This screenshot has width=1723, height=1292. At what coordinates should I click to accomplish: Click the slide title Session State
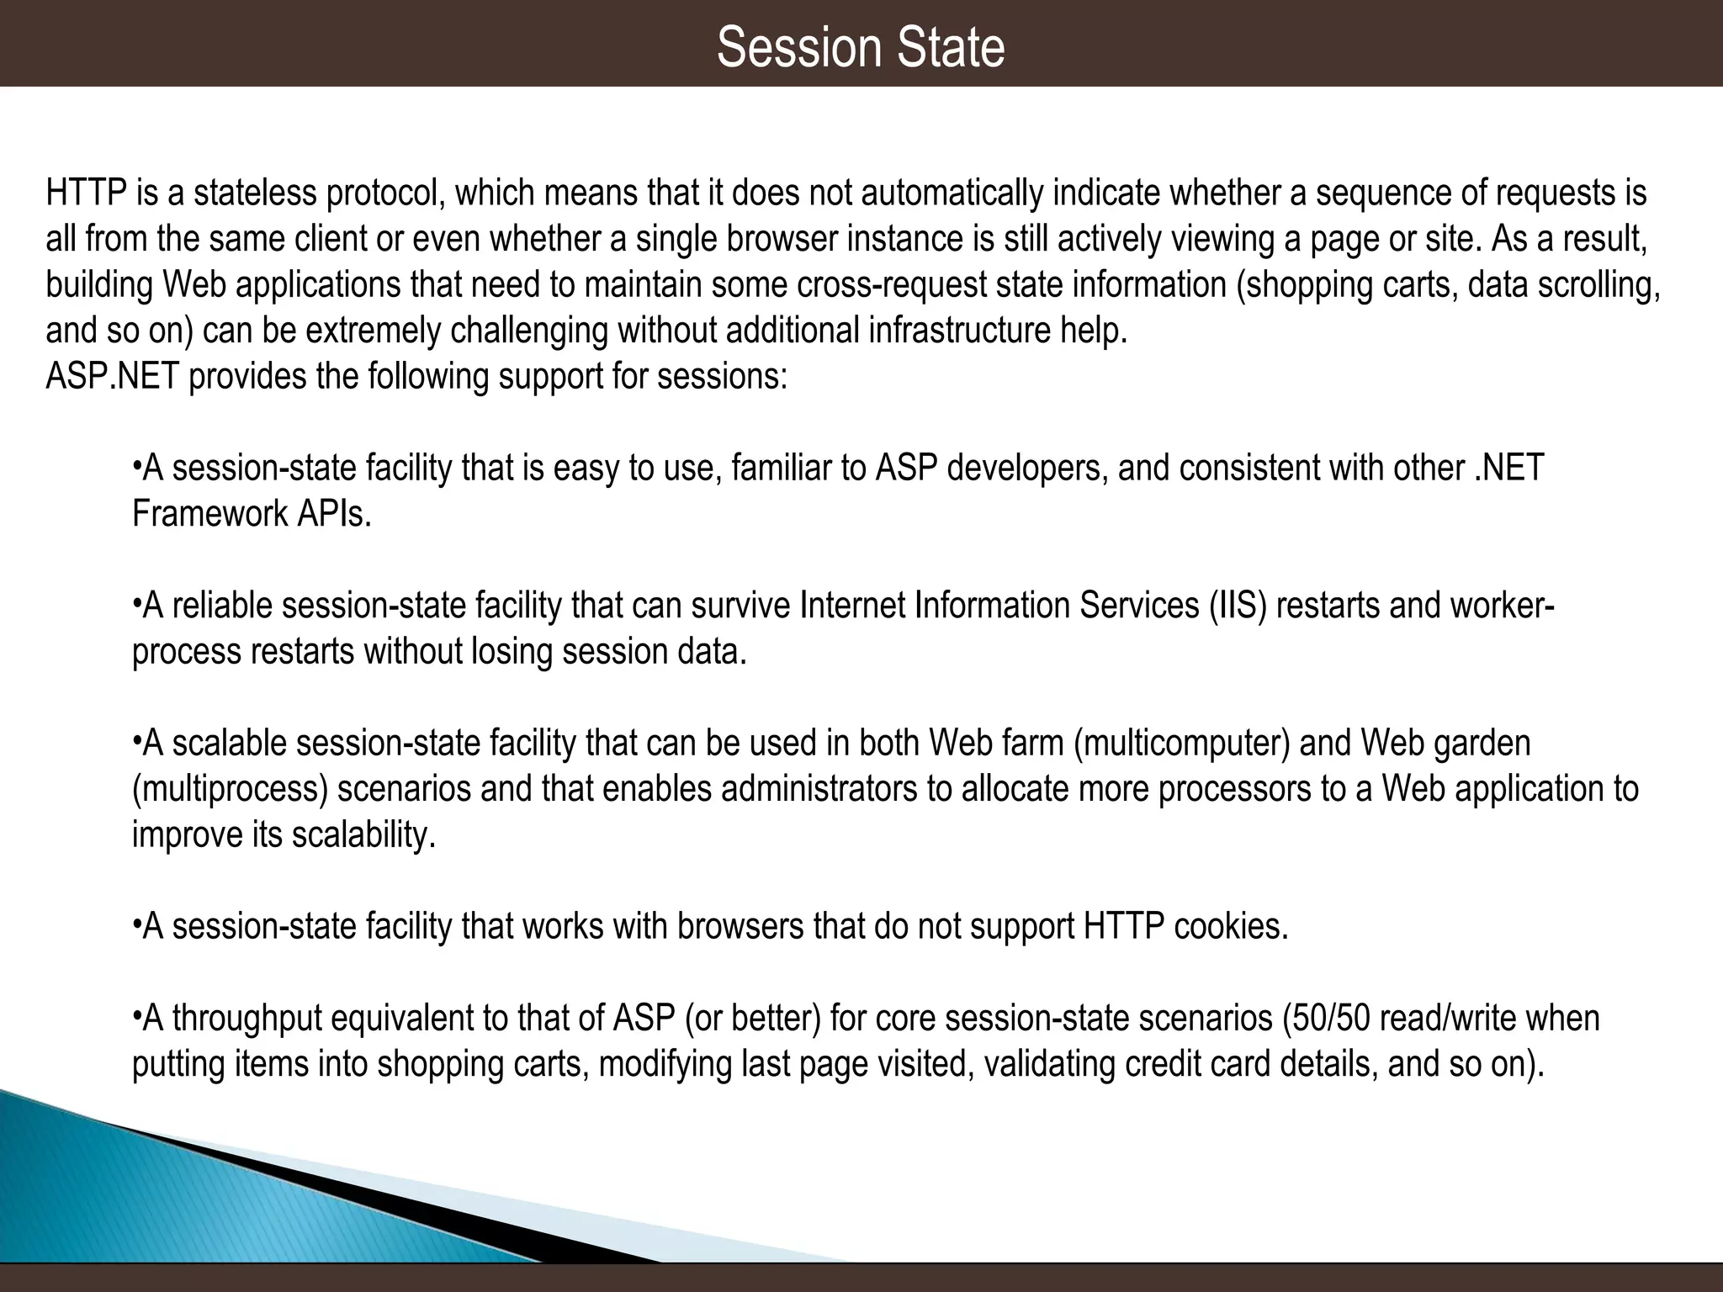tap(861, 47)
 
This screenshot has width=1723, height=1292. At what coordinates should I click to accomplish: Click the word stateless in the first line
tap(254, 193)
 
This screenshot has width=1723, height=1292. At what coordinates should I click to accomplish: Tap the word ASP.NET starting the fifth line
tap(112, 376)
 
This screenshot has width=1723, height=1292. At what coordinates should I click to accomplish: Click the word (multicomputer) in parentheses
tap(1182, 744)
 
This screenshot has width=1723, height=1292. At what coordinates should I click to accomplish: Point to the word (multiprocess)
tap(230, 789)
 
